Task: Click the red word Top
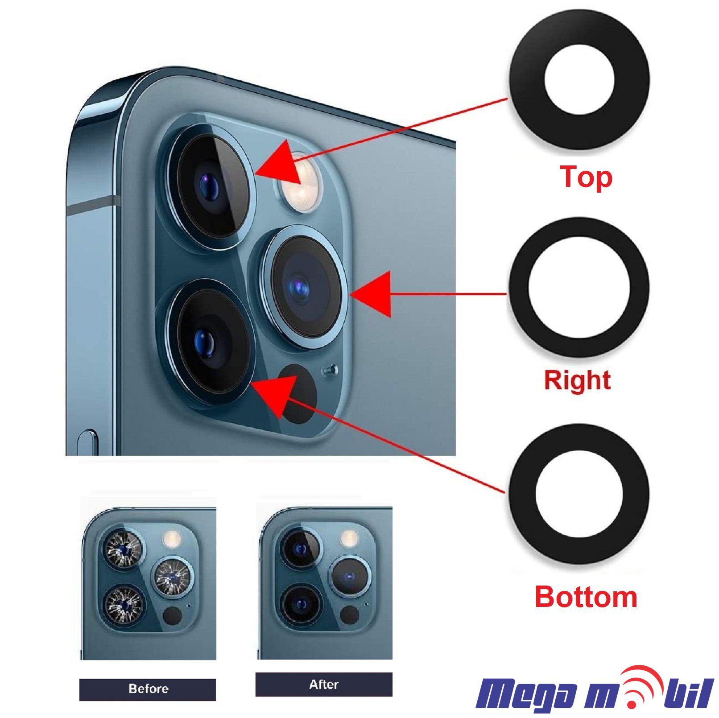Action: tap(586, 177)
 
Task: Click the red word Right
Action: tap(577, 380)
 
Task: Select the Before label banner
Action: tap(148, 689)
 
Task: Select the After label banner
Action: tap(324, 685)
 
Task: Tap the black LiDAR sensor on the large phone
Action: tap(298, 393)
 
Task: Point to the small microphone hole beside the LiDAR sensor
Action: tap(331, 370)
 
